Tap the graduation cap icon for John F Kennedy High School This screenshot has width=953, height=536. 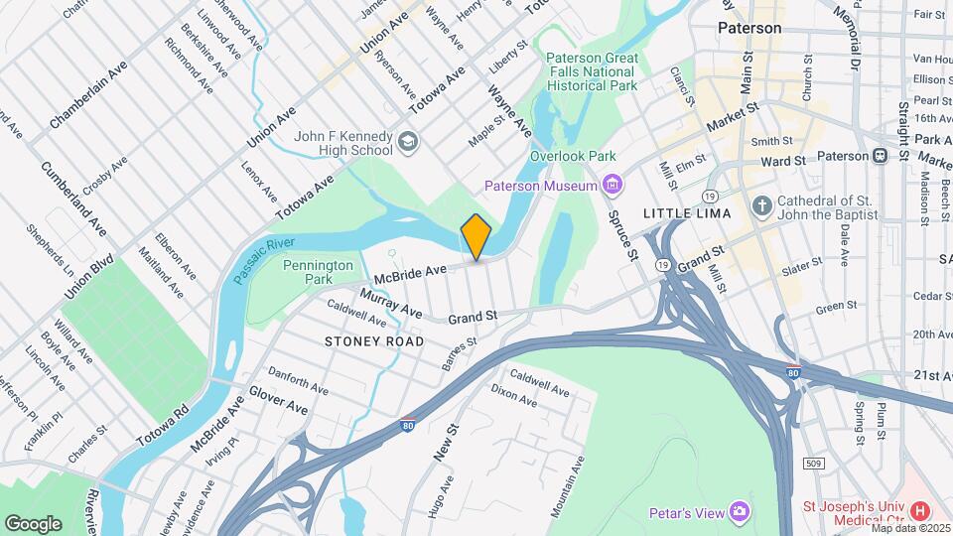[x=407, y=143]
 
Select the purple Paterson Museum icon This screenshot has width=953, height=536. [x=612, y=186]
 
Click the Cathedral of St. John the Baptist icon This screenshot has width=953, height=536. [x=761, y=207]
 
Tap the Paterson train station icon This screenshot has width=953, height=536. [x=880, y=156]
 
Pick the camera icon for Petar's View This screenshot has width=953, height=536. [x=739, y=511]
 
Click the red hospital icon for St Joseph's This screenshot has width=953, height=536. [x=919, y=511]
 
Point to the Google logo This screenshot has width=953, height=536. [x=33, y=523]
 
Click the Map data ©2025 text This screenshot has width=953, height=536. [x=911, y=529]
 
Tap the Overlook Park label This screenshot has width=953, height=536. [x=573, y=156]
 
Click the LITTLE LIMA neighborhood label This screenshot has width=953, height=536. [x=687, y=213]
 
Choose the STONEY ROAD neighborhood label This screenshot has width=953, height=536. [x=374, y=341]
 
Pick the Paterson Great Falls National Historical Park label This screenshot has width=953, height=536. [x=593, y=71]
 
